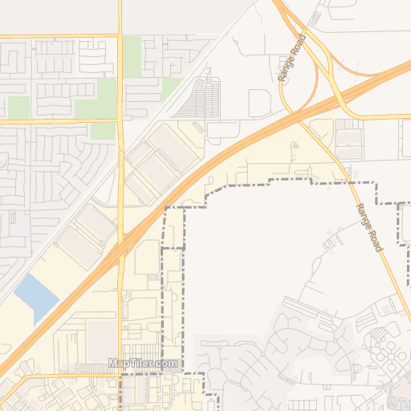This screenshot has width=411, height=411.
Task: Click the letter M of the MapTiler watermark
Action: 112,364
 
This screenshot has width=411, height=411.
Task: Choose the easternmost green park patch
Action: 171,87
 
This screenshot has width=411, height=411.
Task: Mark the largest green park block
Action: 95,96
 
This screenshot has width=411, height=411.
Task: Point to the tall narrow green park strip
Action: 132,56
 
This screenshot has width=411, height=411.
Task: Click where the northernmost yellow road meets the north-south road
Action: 120,35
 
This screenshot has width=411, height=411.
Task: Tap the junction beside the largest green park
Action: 120,121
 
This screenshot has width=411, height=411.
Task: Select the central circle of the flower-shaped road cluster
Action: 384,348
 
